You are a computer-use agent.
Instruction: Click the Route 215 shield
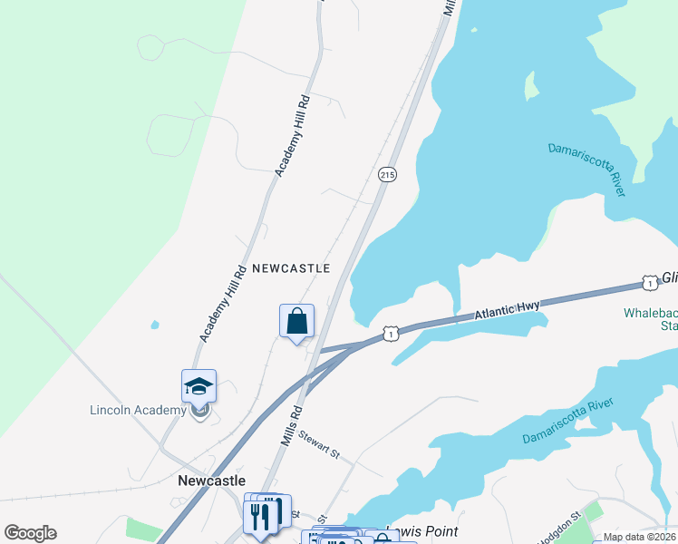(x=387, y=174)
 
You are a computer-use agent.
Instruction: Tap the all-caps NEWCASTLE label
(x=290, y=268)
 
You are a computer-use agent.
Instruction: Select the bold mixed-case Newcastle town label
(x=212, y=481)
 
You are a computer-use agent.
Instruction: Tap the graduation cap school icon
(x=199, y=387)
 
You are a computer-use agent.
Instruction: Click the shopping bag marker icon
(x=296, y=321)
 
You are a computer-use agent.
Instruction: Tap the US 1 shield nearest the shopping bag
(x=390, y=335)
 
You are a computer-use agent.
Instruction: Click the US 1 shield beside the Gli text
(x=649, y=282)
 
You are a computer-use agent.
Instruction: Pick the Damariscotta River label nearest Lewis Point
(x=568, y=422)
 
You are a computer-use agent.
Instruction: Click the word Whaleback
(x=650, y=313)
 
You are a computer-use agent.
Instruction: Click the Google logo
(x=30, y=533)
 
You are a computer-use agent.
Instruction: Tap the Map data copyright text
(x=639, y=537)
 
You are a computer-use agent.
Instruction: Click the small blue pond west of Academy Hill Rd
(x=156, y=324)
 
